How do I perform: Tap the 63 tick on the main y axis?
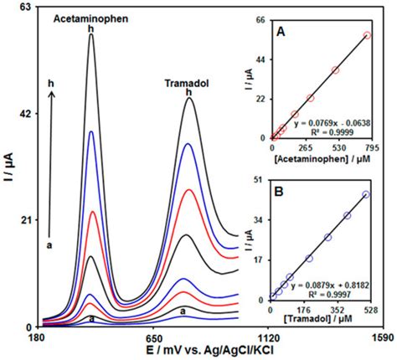click(24, 8)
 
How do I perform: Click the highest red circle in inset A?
click(367, 35)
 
